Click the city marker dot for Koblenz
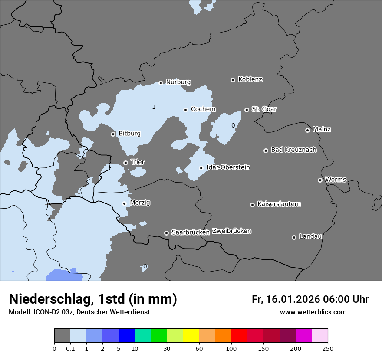(233, 80)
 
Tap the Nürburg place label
(178, 82)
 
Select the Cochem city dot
(185, 110)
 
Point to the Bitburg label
(129, 134)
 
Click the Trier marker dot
(126, 163)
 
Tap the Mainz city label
(322, 129)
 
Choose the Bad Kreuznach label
(293, 150)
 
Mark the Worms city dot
(320, 180)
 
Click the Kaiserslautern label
(279, 204)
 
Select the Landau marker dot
(294, 237)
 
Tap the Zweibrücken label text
(231, 231)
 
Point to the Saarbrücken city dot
(166, 233)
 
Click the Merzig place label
(140, 203)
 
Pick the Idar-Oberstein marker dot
(201, 168)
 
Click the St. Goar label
(264, 109)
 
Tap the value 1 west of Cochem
(154, 107)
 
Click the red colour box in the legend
(239, 336)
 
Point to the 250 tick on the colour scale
(327, 348)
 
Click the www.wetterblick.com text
(313, 312)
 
